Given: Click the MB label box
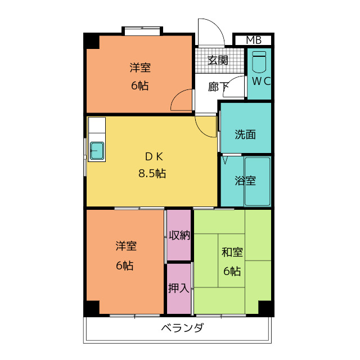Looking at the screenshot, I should click(x=254, y=40).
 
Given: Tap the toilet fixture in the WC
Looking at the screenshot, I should click(x=259, y=62).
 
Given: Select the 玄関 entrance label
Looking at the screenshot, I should click(x=218, y=60).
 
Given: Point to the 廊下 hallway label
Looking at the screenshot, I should click(x=218, y=87).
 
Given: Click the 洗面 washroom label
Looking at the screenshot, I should click(x=245, y=134).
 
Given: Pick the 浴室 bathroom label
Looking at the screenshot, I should click(x=245, y=181).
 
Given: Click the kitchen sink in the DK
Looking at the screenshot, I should click(x=97, y=151).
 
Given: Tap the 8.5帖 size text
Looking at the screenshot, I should click(x=152, y=173).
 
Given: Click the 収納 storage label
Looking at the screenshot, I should click(x=179, y=236).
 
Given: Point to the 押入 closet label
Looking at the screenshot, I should click(x=178, y=288).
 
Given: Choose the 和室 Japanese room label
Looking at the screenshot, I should click(x=232, y=253).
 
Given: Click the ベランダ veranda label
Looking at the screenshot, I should click(x=182, y=328).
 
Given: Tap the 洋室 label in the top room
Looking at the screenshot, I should click(x=140, y=68).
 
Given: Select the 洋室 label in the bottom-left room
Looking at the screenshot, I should click(x=126, y=246).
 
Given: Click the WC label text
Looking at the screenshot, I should click(x=261, y=81).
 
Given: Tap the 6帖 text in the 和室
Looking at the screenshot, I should click(x=232, y=271).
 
